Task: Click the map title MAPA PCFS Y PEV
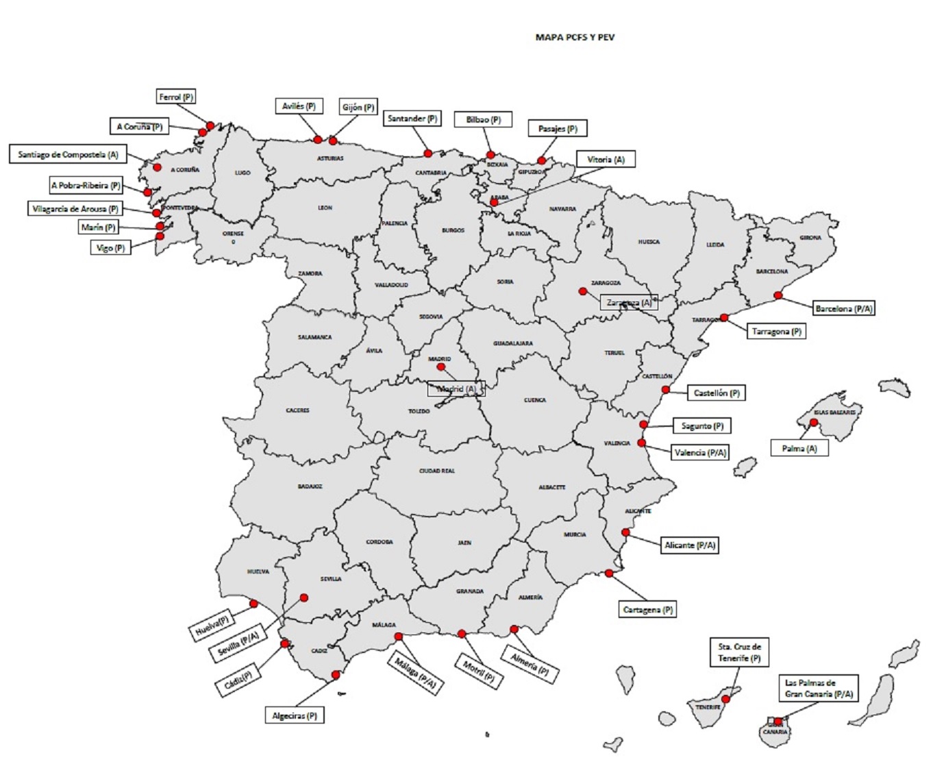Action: pos(575,38)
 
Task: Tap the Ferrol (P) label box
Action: pos(176,97)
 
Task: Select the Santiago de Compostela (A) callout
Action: pos(68,155)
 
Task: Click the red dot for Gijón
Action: pos(333,140)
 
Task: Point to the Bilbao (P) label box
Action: pos(483,120)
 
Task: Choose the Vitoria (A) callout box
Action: pos(606,160)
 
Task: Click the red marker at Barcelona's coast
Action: pos(778,295)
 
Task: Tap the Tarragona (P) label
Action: pos(776,332)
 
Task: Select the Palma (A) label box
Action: pos(799,449)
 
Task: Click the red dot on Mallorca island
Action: pos(813,423)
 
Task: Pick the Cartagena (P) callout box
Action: pos(647,610)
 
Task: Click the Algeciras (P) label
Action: pos(295,716)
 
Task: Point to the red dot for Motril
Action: pos(462,634)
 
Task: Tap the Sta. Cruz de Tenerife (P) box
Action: pos(739,652)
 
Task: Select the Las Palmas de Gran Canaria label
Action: pos(819,689)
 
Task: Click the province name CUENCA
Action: pos(535,400)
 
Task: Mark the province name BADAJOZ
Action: pos(310,486)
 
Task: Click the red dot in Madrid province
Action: pos(440,367)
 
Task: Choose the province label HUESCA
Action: pos(649,242)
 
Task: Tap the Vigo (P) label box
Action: pos(110,248)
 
